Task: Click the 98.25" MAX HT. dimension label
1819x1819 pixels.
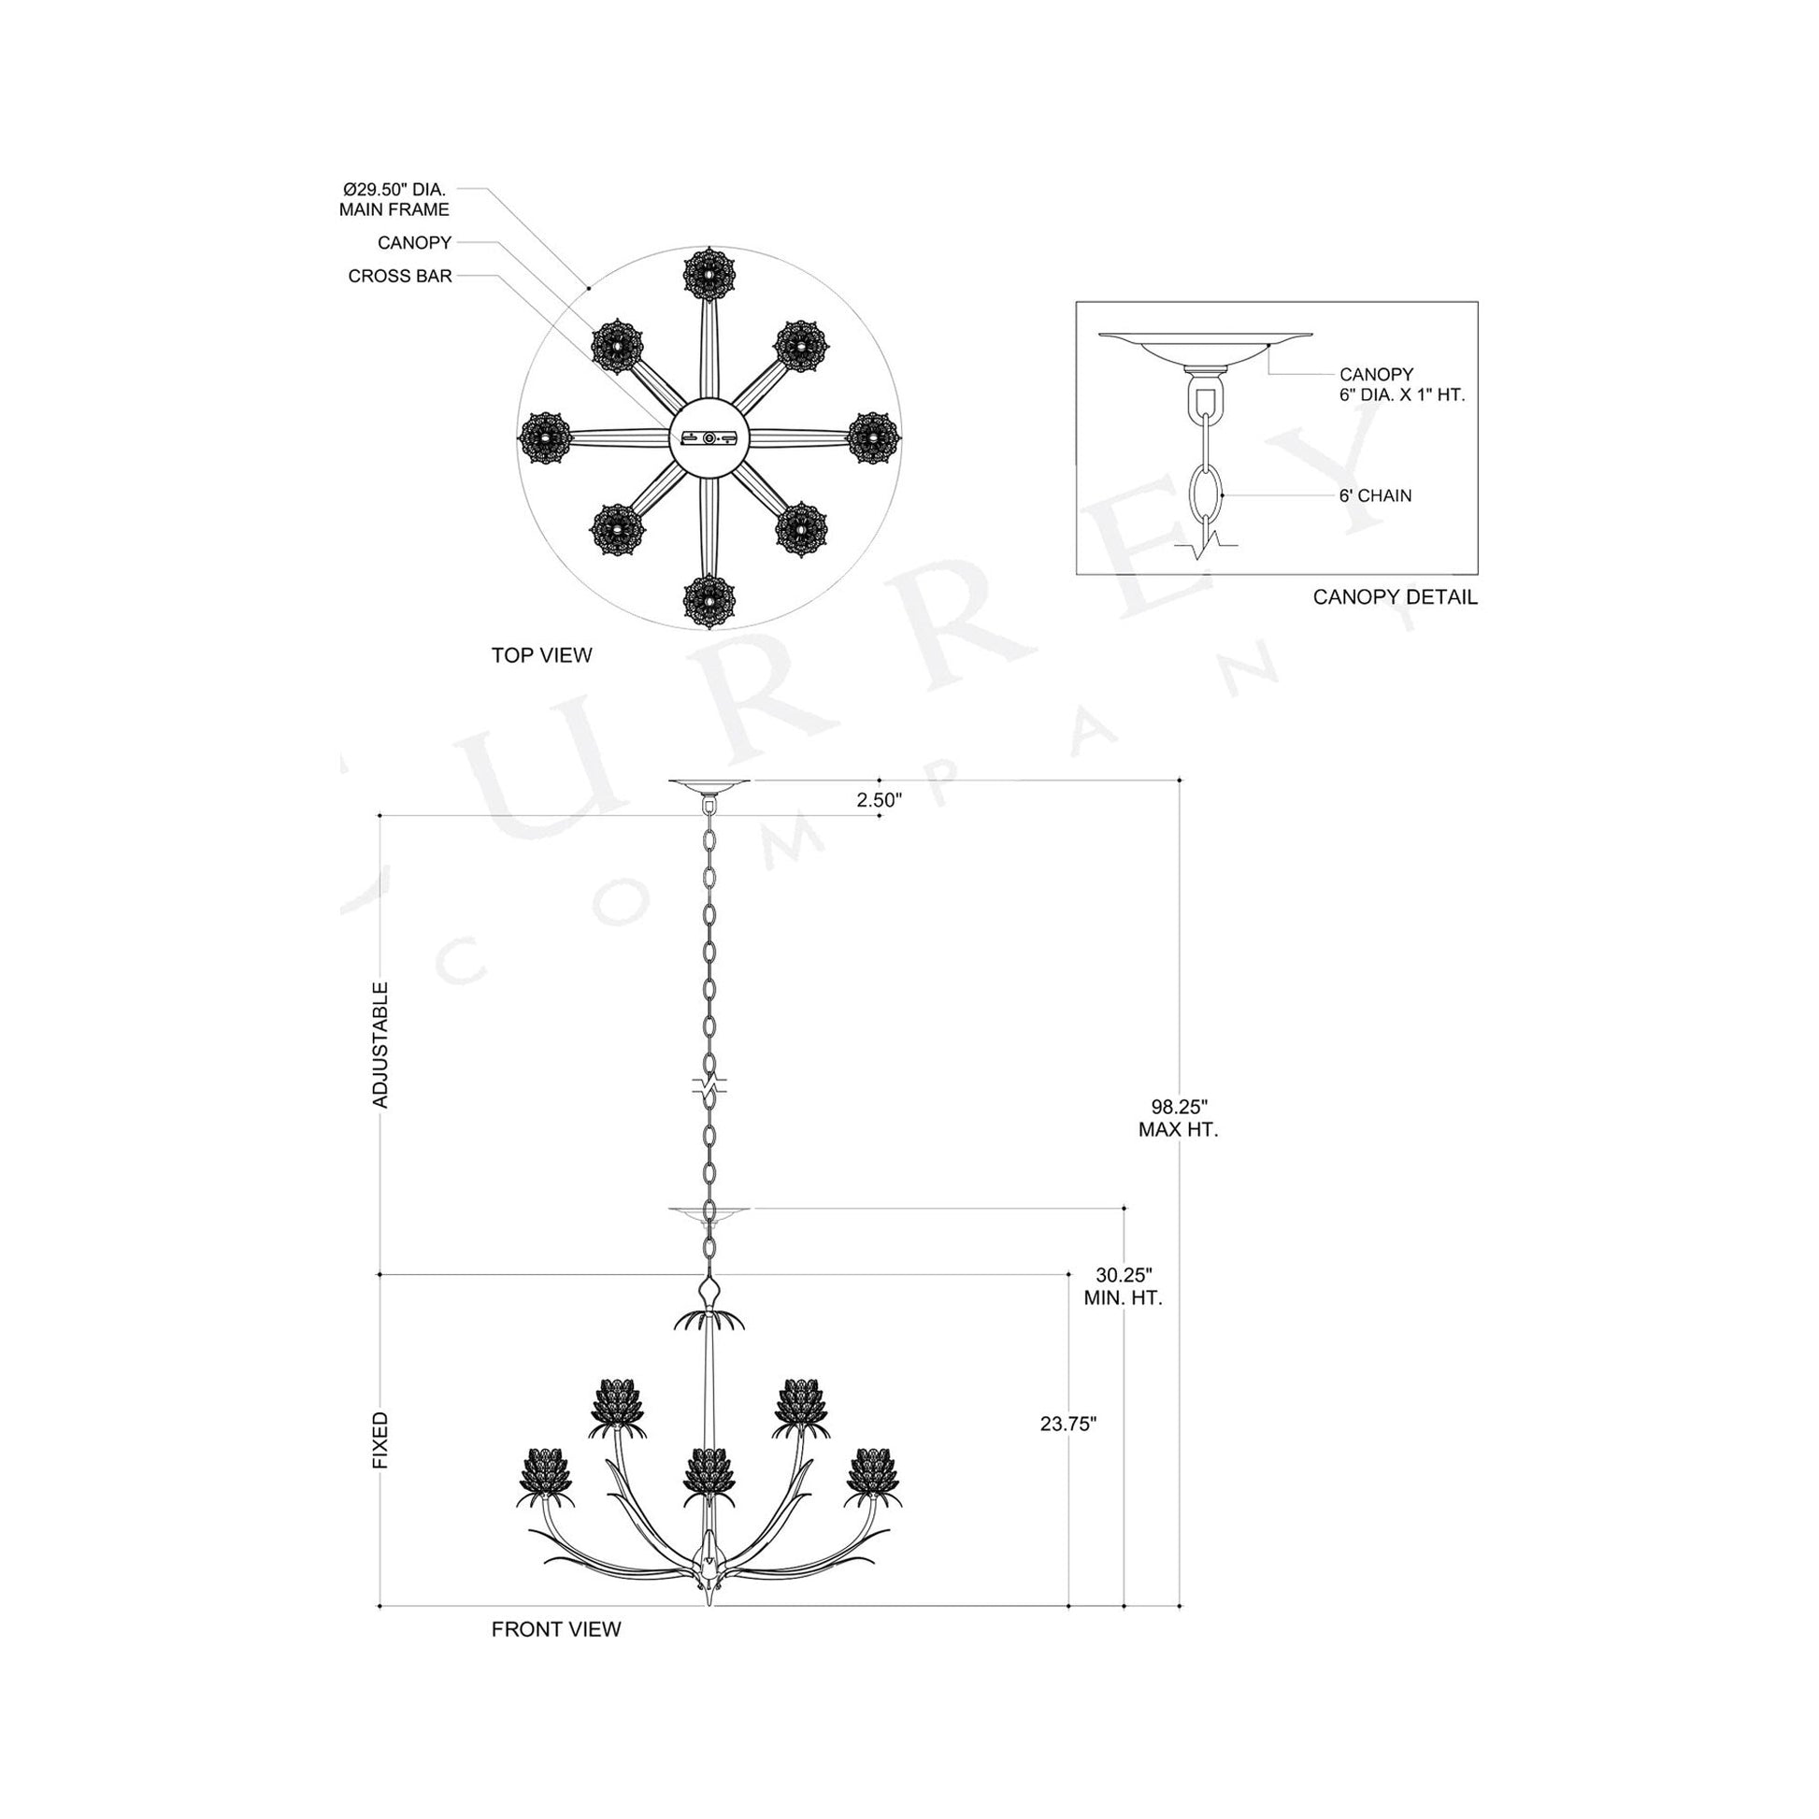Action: [1178, 1119]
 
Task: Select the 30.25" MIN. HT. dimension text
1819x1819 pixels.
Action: [1124, 1286]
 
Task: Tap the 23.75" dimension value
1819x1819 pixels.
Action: [1067, 1424]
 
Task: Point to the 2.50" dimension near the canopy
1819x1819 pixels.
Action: [879, 800]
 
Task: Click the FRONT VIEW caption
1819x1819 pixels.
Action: [555, 1629]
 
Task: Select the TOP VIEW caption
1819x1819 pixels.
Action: [541, 655]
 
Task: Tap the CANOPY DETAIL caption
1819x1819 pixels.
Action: [1395, 597]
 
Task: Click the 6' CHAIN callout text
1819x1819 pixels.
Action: [1375, 495]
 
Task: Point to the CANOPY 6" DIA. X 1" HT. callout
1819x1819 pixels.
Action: [1401, 384]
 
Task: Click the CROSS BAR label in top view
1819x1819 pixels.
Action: [400, 276]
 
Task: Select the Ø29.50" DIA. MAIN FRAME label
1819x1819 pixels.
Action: [394, 200]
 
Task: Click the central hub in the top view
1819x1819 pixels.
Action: [709, 438]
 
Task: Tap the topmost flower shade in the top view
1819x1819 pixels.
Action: [709, 274]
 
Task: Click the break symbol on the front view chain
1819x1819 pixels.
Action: [709, 1084]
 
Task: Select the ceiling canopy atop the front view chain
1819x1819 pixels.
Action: [709, 783]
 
